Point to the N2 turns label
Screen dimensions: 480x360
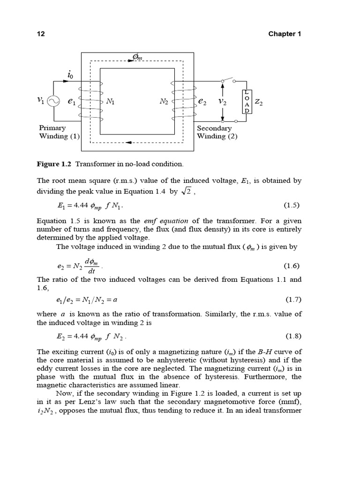click(x=164, y=101)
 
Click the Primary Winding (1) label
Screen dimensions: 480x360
click(x=59, y=132)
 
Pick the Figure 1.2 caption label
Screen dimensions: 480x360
click(x=54, y=164)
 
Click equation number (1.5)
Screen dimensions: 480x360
click(x=292, y=205)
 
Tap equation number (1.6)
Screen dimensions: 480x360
click(x=292, y=266)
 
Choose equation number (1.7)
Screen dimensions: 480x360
click(x=292, y=299)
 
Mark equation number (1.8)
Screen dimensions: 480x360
click(x=292, y=336)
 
